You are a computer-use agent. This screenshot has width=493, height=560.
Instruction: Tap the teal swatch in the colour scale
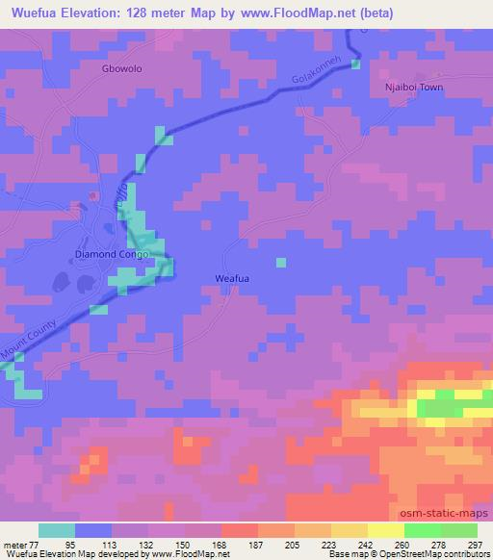pyautogui.click(x=57, y=530)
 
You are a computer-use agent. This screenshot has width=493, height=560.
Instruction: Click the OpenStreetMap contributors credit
pyautogui.click(x=437, y=553)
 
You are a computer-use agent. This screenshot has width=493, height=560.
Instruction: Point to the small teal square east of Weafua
pyautogui.click(x=281, y=262)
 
